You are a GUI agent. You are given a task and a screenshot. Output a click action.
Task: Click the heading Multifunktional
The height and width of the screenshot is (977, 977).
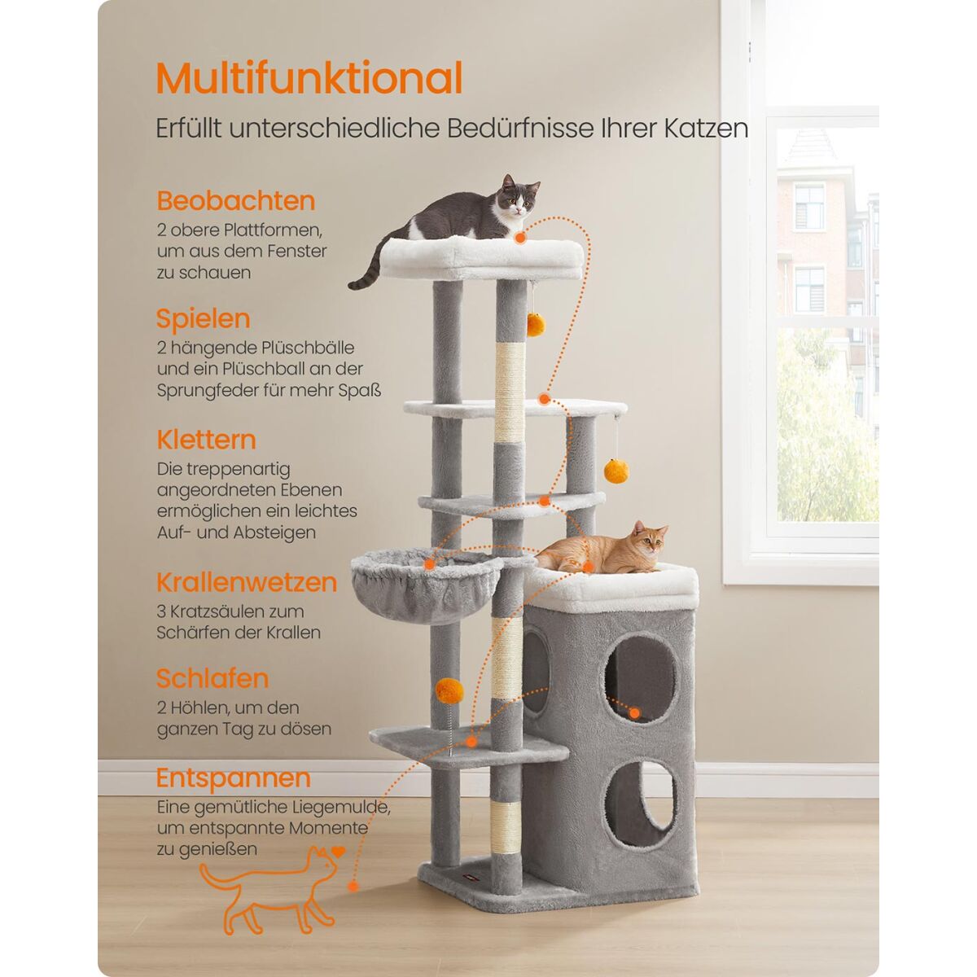click(309, 78)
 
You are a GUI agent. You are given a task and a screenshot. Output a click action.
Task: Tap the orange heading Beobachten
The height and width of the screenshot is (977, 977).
click(236, 201)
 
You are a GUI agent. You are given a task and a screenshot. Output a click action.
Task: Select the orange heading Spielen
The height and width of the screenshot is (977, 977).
click(203, 320)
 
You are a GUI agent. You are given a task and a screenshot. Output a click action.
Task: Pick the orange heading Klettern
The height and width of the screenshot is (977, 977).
click(206, 439)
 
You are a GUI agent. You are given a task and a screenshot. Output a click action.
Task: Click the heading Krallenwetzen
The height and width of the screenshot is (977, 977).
click(247, 582)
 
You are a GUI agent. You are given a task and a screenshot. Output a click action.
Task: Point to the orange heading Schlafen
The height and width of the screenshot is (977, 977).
click(212, 678)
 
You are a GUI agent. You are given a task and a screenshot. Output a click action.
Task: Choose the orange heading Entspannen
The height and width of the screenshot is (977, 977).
click(233, 778)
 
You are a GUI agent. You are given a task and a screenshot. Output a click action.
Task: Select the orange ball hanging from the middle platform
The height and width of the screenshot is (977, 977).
click(616, 471)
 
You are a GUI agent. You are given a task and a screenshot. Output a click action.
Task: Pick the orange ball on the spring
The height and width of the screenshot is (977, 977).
click(449, 690)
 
